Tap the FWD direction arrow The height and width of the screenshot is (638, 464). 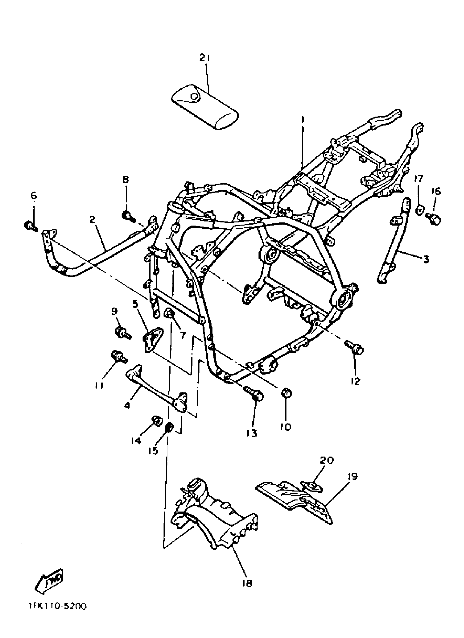click(x=49, y=581)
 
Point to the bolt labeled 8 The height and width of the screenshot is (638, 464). click(x=128, y=216)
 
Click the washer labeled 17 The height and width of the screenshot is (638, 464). click(x=419, y=210)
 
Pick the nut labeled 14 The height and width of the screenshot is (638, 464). click(x=156, y=428)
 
